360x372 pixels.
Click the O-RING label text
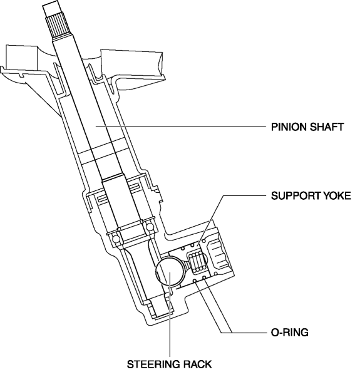coord(289,333)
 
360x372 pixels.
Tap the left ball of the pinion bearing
coord(116,239)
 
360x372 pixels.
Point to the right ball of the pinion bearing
coord(150,227)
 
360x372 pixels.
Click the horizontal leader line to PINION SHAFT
coord(181,127)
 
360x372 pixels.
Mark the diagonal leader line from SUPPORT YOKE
coord(210,220)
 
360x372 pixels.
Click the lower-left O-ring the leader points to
coord(195,281)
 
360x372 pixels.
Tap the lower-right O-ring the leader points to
coord(204,277)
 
